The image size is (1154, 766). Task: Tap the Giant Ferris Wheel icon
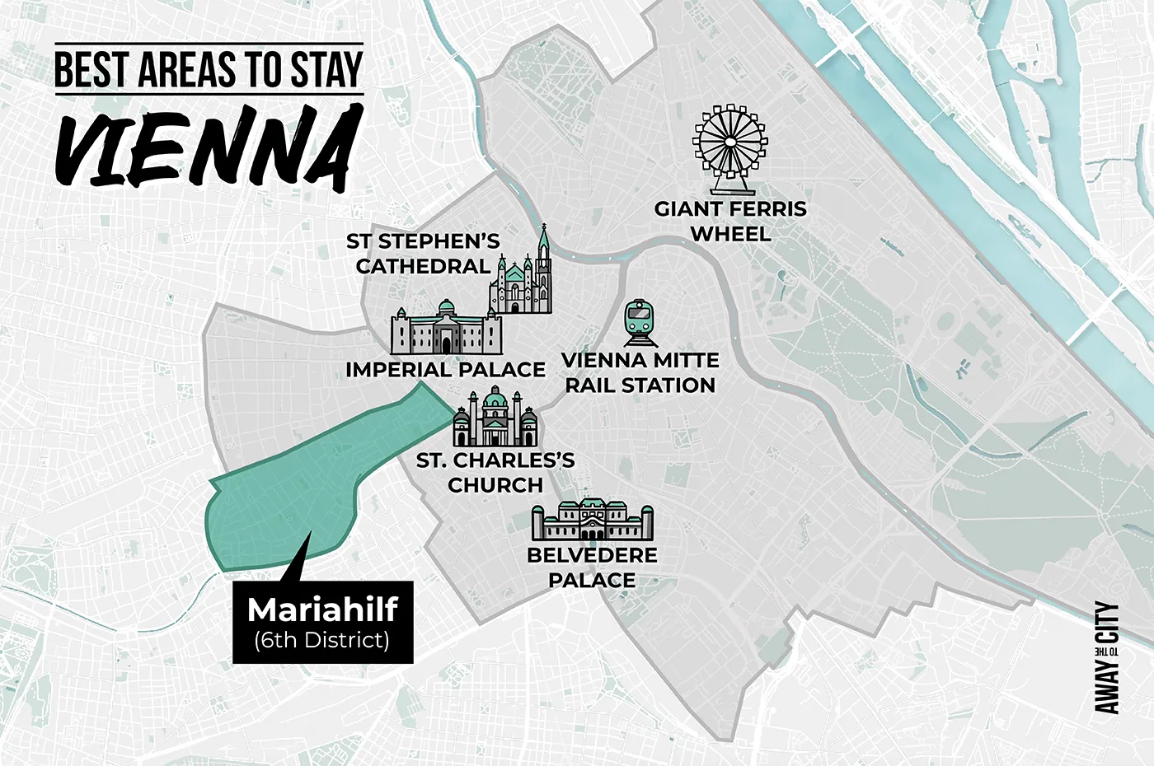point(729,141)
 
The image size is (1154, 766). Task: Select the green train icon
point(640,322)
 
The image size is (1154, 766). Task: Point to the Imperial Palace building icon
point(446,329)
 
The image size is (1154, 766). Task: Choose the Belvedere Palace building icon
point(592,520)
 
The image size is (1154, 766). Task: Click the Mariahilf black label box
point(322,623)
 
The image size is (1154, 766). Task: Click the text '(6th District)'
point(321,640)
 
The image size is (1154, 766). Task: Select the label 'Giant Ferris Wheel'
point(730,221)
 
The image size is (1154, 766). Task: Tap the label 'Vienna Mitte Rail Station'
point(640,372)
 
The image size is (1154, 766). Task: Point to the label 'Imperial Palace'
point(445,369)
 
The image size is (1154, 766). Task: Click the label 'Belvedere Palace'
point(592,567)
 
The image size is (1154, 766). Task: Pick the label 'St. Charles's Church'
point(495,472)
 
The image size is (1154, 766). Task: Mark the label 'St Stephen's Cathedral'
point(423,254)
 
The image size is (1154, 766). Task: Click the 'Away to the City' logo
point(1106,658)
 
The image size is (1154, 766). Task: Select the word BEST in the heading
point(91,70)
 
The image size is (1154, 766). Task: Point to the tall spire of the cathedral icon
point(542,247)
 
